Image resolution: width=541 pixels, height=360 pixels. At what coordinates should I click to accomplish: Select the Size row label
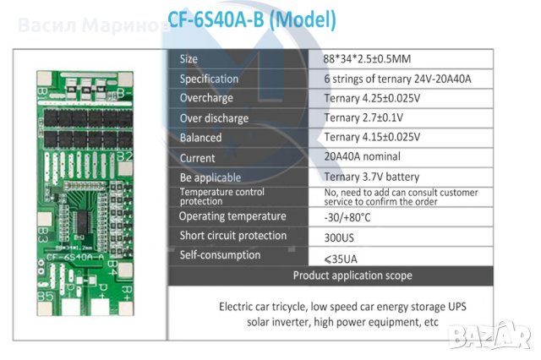click(x=189, y=59)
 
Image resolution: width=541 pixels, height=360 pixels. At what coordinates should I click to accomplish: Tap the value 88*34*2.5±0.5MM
click(x=369, y=59)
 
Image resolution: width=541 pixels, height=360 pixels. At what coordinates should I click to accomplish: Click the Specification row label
click(x=208, y=79)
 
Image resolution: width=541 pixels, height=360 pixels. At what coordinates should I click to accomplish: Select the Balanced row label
click(x=200, y=137)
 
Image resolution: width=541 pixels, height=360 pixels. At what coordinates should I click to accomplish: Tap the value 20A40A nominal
click(x=362, y=156)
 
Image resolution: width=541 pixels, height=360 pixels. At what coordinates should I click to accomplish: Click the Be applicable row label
click(x=210, y=177)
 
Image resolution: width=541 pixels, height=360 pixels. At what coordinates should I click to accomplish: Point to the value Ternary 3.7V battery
click(x=371, y=177)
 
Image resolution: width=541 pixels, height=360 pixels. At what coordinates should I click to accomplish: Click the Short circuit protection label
click(x=232, y=236)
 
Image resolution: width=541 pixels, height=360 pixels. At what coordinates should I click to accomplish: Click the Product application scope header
click(x=352, y=275)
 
